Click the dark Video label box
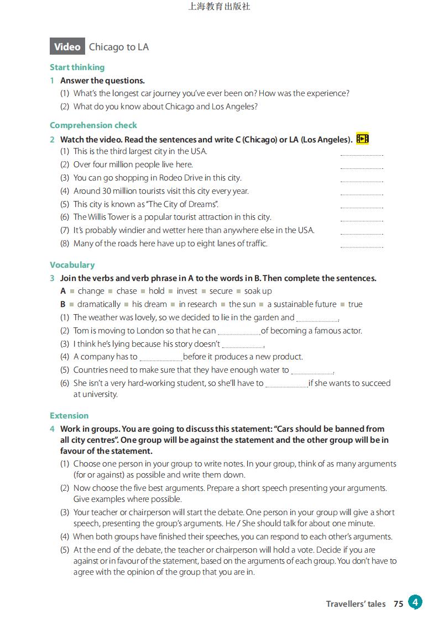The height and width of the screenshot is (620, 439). coord(67,47)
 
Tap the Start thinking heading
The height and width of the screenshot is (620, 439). coord(77,67)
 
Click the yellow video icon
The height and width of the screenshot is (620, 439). coord(363,139)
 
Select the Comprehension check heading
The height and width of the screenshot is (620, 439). coord(93,125)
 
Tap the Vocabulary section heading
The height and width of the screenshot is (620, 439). coord(72,265)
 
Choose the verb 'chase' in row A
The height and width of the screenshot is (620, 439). coord(126,291)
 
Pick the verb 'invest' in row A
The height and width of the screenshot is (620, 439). coord(187,291)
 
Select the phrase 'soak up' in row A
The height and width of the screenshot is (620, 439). coord(258,291)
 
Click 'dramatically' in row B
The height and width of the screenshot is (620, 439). coord(99,304)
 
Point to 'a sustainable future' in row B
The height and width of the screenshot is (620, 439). coord(302,304)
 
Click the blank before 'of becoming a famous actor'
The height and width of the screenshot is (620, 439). coord(239,332)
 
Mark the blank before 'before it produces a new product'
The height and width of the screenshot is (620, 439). coord(160,358)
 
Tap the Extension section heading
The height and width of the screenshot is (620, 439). coord(69,416)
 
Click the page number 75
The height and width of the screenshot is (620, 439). coord(398,604)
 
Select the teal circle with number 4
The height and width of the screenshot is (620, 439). coord(415,602)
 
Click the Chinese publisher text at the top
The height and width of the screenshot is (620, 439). coord(219,7)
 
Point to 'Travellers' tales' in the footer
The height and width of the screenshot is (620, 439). coord(356,604)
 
